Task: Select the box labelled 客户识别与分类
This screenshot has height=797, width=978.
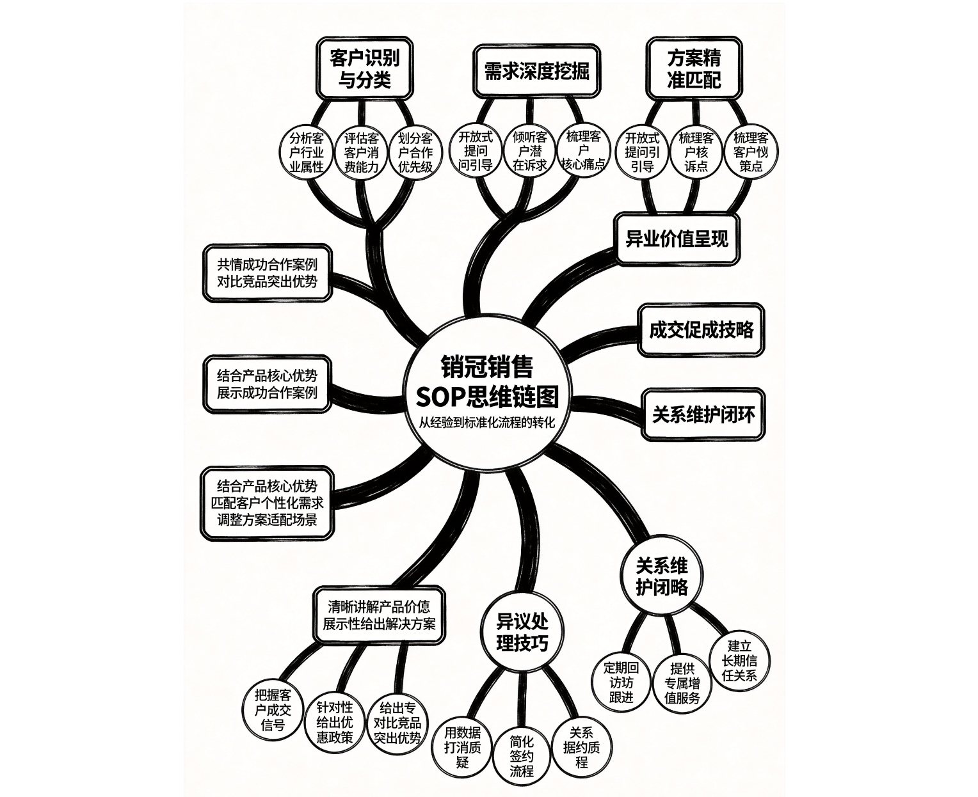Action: click(x=364, y=68)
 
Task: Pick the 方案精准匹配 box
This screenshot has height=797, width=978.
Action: click(x=694, y=68)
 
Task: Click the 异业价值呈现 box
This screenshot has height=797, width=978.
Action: click(x=677, y=239)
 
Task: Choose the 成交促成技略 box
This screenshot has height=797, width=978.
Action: click(x=701, y=330)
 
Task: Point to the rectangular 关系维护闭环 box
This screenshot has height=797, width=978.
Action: click(x=703, y=414)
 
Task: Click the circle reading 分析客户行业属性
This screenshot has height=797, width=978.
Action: click(x=307, y=152)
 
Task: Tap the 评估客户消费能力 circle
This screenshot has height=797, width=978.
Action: click(x=361, y=152)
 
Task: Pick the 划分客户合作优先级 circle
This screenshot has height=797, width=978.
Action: click(x=415, y=152)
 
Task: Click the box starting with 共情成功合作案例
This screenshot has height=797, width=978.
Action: click(x=268, y=272)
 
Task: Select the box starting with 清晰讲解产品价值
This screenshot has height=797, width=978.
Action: click(x=379, y=615)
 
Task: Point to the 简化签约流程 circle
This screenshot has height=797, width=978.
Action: click(x=522, y=756)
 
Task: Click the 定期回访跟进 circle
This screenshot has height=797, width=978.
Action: click(x=621, y=682)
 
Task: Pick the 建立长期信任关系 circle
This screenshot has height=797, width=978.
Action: click(x=739, y=661)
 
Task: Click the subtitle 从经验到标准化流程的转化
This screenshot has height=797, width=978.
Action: click(x=486, y=423)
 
